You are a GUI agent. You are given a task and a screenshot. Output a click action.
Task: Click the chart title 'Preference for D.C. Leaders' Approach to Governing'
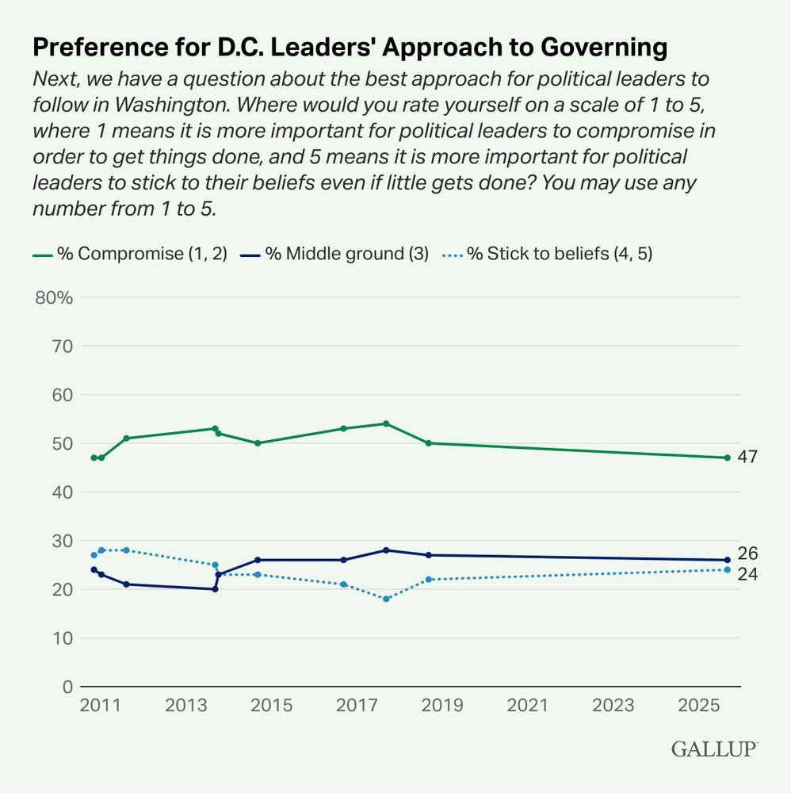tap(350, 48)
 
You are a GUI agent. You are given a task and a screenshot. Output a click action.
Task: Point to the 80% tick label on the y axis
tap(54, 298)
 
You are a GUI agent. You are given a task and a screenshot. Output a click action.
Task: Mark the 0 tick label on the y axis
tap(67, 687)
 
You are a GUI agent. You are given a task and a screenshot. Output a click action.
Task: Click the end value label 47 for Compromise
tap(747, 458)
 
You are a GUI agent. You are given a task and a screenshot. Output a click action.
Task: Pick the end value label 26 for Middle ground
tap(747, 554)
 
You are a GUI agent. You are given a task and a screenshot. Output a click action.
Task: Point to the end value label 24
tap(747, 574)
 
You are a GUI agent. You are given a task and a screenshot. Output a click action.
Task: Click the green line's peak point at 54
tap(386, 423)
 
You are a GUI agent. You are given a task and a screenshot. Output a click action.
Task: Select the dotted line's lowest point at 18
tap(386, 599)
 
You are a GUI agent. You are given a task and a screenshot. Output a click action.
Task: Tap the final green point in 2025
tap(727, 458)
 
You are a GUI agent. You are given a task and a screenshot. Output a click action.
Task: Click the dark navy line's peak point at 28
tap(386, 550)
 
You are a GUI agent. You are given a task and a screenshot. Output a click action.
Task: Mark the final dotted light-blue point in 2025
tap(727, 569)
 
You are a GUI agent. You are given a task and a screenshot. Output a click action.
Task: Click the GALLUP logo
tap(714, 749)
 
